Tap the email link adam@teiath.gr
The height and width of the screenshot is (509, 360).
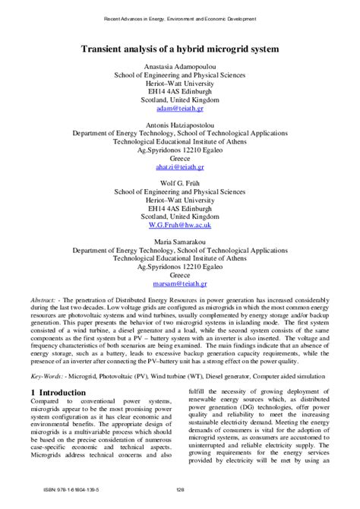(x=180, y=109)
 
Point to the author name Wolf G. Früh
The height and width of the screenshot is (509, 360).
(x=180, y=182)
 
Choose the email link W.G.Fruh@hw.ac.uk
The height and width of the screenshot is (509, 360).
(x=180, y=225)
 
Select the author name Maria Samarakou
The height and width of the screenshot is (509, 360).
(x=180, y=240)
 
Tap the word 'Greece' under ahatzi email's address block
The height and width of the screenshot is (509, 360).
(x=180, y=156)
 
